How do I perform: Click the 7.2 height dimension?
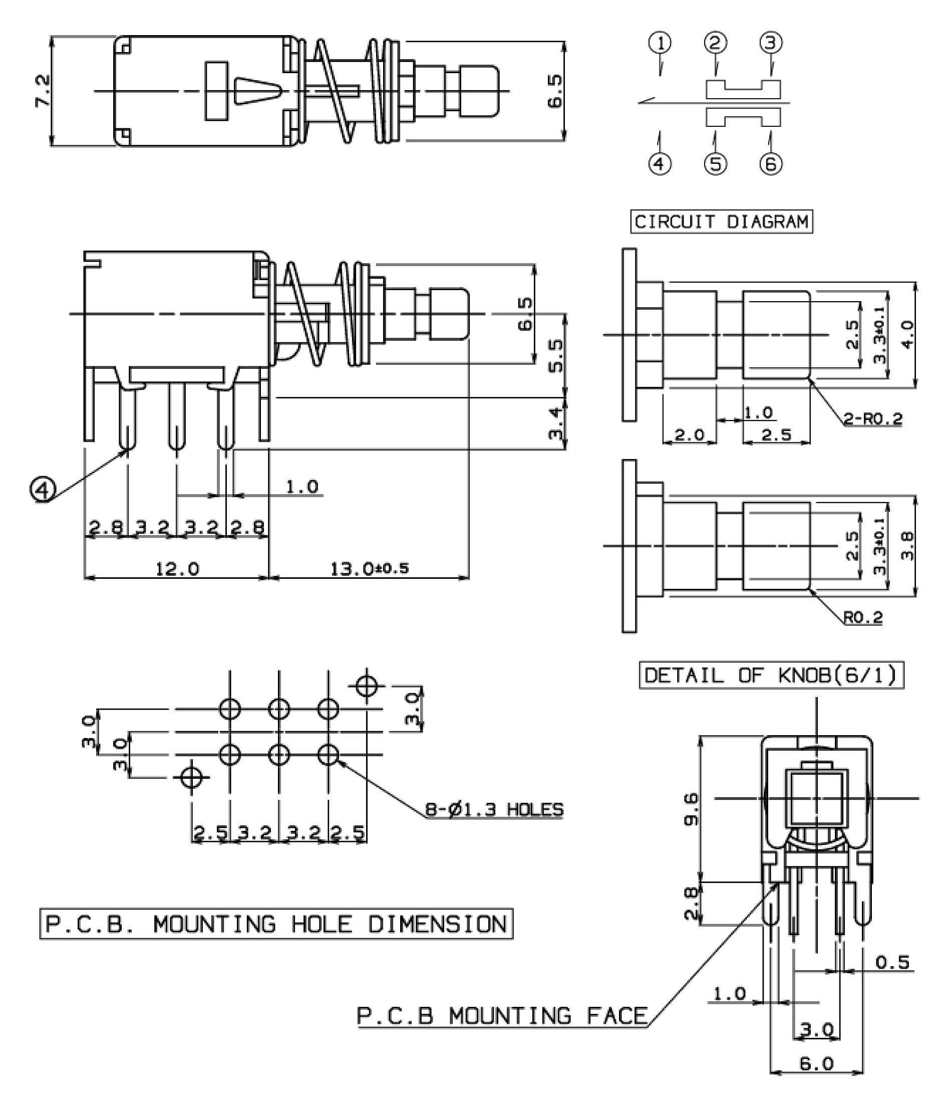pos(42,91)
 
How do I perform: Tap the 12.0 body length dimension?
pos(177,569)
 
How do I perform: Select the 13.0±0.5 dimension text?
pos(370,568)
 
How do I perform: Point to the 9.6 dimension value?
pos(691,809)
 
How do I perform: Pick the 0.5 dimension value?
pos(892,962)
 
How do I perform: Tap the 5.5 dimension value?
pos(555,356)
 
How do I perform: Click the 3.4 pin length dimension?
pos(555,423)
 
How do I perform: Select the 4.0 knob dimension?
pos(907,335)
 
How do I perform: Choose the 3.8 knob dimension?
pos(907,546)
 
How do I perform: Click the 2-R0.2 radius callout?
pos(873,419)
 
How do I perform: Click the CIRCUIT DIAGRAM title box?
pos(722,222)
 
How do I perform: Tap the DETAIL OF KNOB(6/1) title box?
pos(772,676)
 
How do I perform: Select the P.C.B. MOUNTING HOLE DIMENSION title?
pos(276,924)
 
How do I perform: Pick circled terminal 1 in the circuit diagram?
pos(660,43)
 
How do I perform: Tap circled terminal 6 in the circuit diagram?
pos(771,163)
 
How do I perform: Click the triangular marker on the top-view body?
pos(257,91)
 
